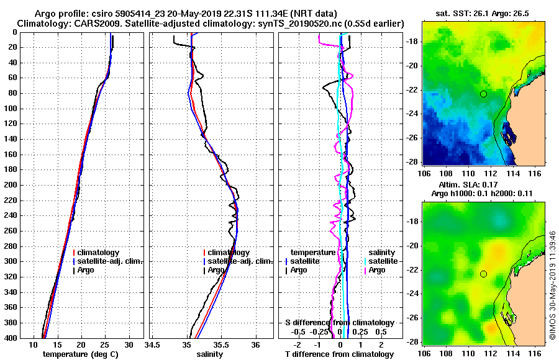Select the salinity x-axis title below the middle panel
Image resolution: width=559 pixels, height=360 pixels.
tap(211, 354)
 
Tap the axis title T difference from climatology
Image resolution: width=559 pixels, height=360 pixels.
tap(339, 354)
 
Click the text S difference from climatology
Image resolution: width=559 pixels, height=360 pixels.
tap(339, 323)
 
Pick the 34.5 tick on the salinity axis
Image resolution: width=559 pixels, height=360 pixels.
tap(152, 344)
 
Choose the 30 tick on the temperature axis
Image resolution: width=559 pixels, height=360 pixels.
tap(129, 344)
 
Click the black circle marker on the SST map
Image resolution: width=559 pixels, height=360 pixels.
tap(483, 94)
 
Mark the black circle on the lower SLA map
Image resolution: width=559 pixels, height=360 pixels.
tap(483, 274)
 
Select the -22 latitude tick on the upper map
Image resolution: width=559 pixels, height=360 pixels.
tap(412, 90)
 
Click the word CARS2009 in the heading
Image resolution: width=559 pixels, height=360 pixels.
tap(81, 23)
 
